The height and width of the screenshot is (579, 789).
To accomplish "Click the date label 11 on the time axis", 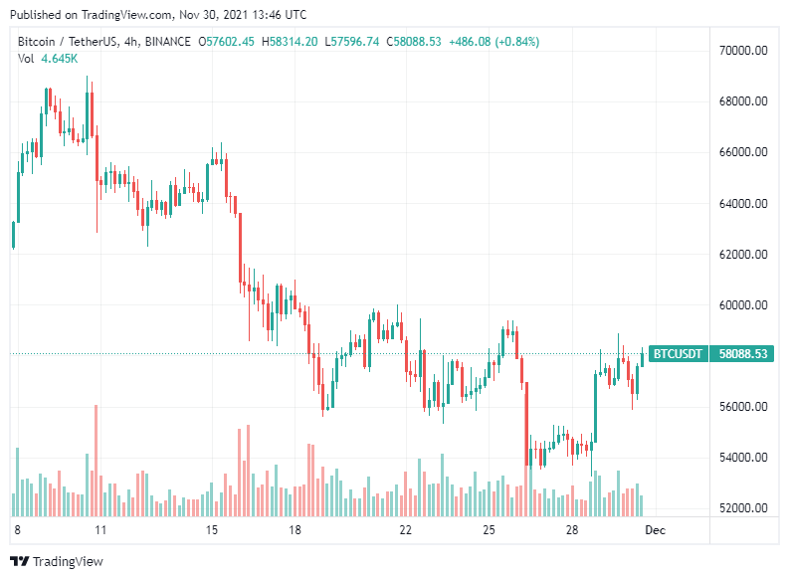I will tap(99, 530).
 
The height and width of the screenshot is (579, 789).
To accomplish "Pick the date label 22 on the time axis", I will tap(405, 530).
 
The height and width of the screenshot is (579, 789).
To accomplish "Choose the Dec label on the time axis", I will tap(654, 530).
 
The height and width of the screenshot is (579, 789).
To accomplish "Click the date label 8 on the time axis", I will tap(17, 530).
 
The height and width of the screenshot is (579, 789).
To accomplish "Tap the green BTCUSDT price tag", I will tap(677, 353).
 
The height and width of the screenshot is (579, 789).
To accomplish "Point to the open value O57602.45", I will tap(227, 41).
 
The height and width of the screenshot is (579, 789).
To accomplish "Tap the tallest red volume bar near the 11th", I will tap(96, 458).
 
